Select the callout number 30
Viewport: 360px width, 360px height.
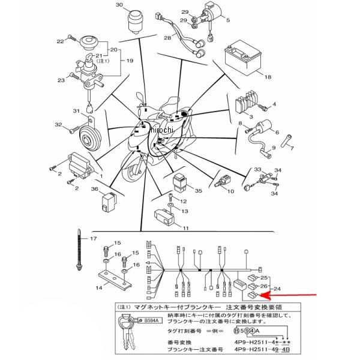coord(119,5)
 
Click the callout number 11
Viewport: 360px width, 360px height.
coord(185,228)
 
